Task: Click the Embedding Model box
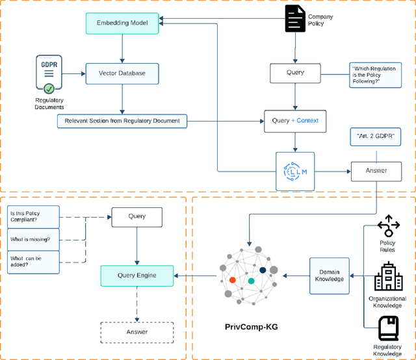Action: pyautogui.click(x=122, y=23)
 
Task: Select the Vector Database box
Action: pyautogui.click(x=122, y=73)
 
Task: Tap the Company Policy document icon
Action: pyautogui.click(x=296, y=19)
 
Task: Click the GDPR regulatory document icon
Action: pyautogui.click(x=49, y=74)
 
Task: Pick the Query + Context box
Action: pyautogui.click(x=295, y=121)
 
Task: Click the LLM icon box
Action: pyautogui.click(x=295, y=172)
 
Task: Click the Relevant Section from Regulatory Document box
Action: pyautogui.click(x=122, y=121)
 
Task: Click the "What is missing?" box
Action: pyautogui.click(x=33, y=239)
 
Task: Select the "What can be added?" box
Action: pyautogui.click(x=33, y=262)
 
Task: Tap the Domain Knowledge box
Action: pyautogui.click(x=329, y=275)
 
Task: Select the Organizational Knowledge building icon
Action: pyautogui.click(x=389, y=277)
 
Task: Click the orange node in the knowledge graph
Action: pyautogui.click(x=232, y=280)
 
